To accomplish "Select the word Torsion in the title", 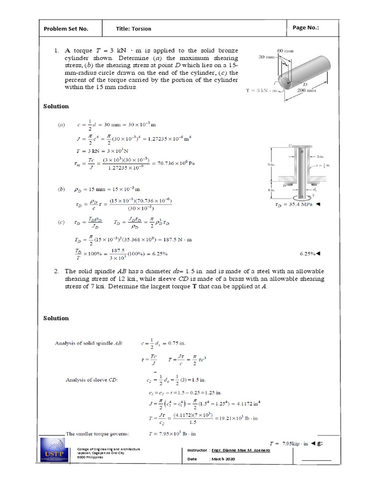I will (142, 29).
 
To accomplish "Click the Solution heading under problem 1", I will (56, 106).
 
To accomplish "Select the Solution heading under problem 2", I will (56, 318).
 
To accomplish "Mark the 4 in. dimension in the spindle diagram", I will (271, 190).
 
